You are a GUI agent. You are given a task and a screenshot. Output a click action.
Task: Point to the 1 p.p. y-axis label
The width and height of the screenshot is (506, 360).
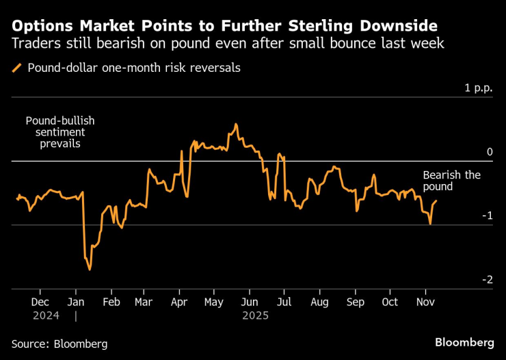tap(478, 88)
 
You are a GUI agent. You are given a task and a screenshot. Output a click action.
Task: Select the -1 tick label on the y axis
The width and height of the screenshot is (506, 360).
tap(487, 216)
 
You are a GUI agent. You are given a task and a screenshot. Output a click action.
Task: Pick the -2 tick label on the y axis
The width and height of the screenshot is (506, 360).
tap(487, 279)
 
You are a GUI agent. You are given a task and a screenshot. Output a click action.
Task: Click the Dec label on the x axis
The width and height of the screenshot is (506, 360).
tap(40, 302)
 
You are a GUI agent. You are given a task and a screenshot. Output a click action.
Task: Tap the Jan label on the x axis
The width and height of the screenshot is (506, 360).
tap(76, 302)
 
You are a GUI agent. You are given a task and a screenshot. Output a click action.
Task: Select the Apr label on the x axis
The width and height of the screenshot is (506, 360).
tap(179, 302)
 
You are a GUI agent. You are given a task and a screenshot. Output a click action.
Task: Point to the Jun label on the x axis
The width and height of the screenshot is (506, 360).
tap(250, 302)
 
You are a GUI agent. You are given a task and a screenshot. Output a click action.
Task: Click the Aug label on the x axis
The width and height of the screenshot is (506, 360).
tap(319, 302)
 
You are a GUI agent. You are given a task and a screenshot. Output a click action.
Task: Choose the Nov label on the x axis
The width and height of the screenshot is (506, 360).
tap(425, 302)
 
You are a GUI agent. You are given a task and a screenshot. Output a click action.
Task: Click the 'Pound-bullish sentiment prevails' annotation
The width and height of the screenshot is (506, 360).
tap(60, 132)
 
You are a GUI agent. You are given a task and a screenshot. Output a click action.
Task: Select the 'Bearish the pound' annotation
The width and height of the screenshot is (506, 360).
tap(451, 181)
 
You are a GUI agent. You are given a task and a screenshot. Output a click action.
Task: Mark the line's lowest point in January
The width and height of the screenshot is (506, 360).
tap(90, 270)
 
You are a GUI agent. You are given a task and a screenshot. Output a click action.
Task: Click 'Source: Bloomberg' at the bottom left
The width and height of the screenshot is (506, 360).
tap(59, 344)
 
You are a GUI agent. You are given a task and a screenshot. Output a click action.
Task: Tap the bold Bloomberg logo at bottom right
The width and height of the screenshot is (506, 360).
tap(464, 342)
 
